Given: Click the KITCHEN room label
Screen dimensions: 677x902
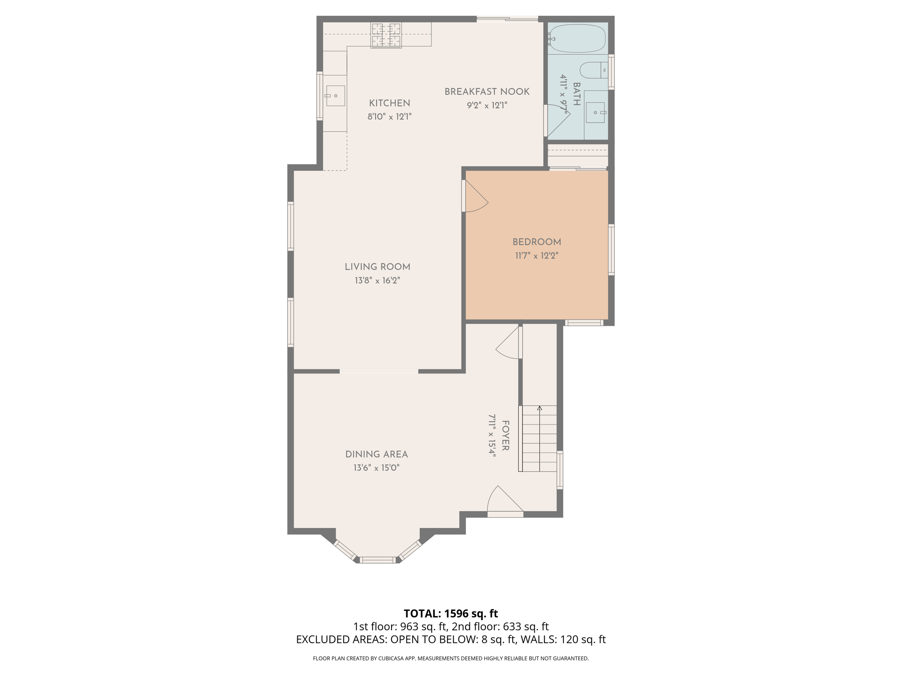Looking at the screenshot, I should (389, 103).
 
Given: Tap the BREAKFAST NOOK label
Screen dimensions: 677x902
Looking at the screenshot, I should (487, 92).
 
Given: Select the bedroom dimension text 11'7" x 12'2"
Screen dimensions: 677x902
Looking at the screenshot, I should (536, 256).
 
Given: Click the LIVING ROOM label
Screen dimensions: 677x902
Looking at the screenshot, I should (377, 267).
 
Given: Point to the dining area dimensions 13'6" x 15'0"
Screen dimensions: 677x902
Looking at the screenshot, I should (376, 468).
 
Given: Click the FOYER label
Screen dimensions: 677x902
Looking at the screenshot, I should (505, 435).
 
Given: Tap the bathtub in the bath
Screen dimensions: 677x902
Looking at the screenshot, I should (577, 39).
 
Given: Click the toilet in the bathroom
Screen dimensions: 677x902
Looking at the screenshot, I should (593, 70).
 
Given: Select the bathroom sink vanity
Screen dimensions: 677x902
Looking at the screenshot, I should (596, 113).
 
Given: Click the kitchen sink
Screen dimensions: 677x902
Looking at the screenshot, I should (335, 96).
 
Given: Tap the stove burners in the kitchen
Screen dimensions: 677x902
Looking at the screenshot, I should (386, 35).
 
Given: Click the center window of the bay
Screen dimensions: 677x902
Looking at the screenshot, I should (377, 560).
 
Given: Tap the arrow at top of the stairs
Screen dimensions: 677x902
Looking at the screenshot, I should (540, 408).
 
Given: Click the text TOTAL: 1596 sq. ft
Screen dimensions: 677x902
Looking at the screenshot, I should (451, 614).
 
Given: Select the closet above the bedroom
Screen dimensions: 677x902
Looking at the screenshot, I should (577, 155).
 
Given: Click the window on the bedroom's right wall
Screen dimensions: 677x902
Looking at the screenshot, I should (611, 250).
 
